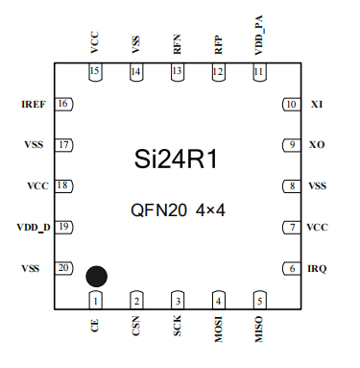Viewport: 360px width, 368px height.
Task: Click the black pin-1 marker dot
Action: (96, 277)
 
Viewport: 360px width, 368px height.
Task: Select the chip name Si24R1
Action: (178, 160)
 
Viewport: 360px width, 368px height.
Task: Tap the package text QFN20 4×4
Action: (179, 209)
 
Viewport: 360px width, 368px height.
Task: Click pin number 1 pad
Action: (95, 301)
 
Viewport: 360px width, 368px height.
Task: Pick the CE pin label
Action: (95, 327)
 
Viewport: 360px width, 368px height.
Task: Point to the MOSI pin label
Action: (218, 331)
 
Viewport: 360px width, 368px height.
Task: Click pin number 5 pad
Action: (258, 301)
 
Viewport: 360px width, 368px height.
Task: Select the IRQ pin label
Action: (317, 269)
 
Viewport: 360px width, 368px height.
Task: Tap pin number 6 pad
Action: (289, 269)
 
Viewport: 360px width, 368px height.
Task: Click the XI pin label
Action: (316, 104)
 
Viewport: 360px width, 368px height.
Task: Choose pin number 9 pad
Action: (289, 145)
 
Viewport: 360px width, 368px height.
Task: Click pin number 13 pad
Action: (177, 72)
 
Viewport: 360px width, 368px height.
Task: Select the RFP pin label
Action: (218, 43)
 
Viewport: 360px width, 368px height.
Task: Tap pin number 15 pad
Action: (95, 72)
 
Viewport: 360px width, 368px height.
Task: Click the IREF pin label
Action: (34, 104)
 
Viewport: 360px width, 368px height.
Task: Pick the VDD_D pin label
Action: (34, 227)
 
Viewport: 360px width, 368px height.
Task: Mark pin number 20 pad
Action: (64, 268)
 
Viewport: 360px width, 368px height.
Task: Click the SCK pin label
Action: (177, 329)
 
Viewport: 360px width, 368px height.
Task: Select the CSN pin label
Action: (136, 329)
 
